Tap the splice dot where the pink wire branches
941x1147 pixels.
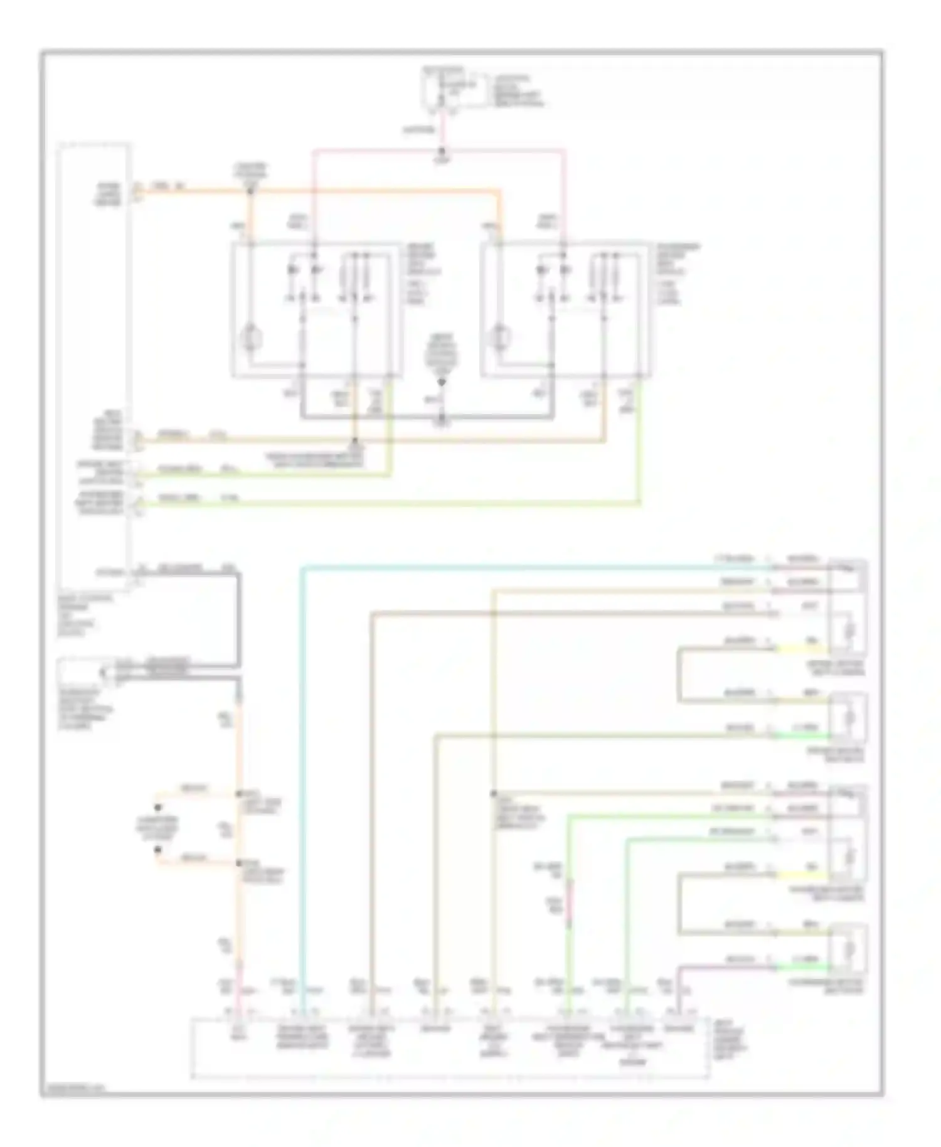442,151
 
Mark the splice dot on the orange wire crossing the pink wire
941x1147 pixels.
250,189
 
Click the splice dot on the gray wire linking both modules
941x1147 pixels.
442,417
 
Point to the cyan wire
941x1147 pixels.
302,753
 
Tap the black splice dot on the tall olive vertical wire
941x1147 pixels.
494,794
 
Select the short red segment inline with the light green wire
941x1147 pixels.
570,904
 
